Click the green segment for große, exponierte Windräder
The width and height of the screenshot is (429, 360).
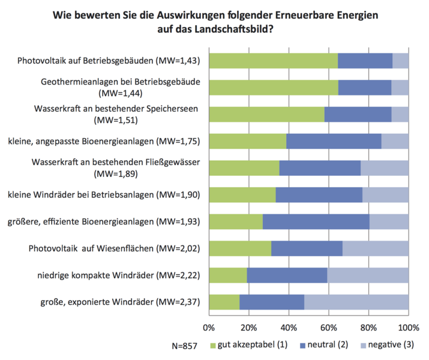[224, 302]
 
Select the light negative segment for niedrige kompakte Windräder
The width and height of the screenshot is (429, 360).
[368, 275]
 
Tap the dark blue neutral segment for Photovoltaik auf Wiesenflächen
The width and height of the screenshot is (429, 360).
[307, 248]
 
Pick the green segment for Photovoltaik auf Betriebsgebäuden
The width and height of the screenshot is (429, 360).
[274, 61]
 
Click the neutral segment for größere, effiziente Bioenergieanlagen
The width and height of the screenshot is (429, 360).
[316, 221]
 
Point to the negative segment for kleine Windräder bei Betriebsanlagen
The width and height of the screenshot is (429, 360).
[385, 194]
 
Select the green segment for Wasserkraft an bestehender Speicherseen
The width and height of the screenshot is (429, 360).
[266, 114]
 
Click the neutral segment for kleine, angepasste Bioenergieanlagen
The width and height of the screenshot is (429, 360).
[334, 141]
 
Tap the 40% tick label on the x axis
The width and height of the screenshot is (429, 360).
[289, 328]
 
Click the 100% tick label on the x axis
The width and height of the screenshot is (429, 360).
[408, 328]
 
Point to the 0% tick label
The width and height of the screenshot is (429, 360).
[209, 328]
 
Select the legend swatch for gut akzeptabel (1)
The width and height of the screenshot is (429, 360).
[213, 346]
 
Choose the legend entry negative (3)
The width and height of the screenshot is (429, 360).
[389, 346]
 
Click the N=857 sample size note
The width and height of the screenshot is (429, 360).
[184, 346]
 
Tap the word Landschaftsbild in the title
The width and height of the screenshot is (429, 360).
[221, 28]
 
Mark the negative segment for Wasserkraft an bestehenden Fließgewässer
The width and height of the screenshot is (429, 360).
[385, 167]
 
